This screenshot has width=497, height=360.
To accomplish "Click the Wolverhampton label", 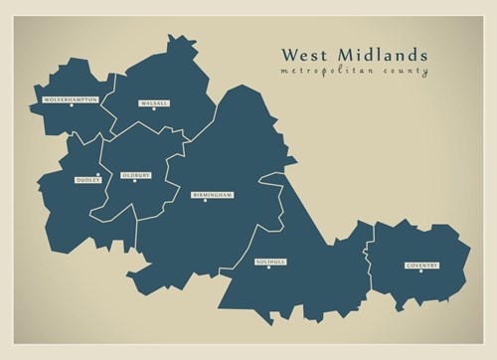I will (x=71, y=99).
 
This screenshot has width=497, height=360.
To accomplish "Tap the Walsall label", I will (x=153, y=102).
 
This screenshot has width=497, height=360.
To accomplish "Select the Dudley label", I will (x=87, y=180).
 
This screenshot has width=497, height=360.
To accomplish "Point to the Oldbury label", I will (x=135, y=175).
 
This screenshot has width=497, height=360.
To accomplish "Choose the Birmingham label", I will (x=212, y=195).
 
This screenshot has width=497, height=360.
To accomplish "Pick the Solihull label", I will (x=270, y=262).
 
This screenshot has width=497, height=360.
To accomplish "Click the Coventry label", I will (x=421, y=266).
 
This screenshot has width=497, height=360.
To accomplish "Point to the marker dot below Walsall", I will (x=153, y=108).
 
